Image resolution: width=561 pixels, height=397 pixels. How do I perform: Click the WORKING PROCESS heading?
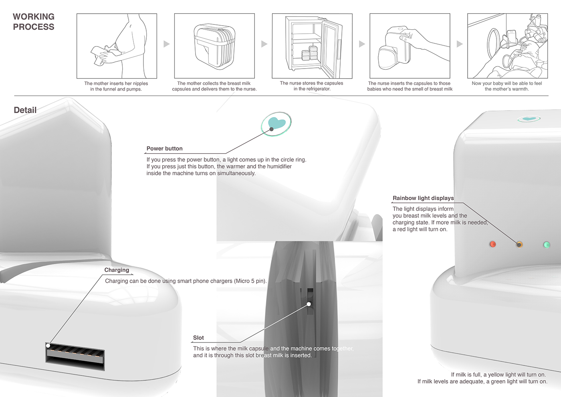click(34, 22)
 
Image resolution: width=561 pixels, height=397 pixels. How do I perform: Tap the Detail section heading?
click(25, 110)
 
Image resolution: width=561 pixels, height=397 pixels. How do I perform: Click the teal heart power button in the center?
click(276, 123)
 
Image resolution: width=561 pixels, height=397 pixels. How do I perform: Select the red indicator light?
click(492, 244)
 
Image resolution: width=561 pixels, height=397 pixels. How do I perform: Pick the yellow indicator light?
click(519, 244)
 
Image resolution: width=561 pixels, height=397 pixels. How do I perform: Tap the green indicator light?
click(546, 245)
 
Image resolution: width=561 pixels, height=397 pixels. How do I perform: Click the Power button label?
click(164, 148)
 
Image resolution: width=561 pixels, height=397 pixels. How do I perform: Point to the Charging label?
click(117, 270)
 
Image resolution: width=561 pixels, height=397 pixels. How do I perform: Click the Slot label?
click(198, 338)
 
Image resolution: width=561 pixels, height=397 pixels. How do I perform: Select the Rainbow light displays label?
click(423, 198)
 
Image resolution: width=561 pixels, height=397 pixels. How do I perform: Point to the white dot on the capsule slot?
click(309, 304)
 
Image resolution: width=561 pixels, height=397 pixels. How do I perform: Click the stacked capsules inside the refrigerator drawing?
click(309, 53)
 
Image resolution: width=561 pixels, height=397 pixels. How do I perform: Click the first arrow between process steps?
click(166, 44)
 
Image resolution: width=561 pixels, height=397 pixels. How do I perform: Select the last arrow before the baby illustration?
click(460, 44)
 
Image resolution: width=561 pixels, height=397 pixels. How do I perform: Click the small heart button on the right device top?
click(529, 119)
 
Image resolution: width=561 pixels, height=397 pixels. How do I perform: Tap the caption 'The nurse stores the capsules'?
click(311, 83)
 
